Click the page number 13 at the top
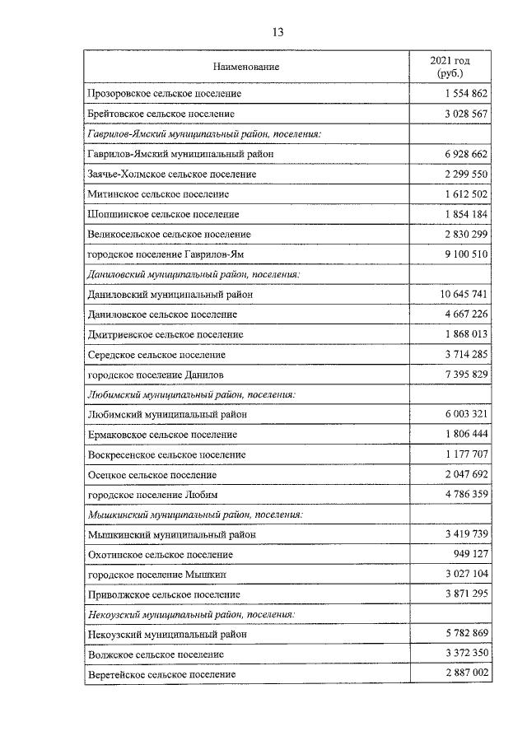[277, 33]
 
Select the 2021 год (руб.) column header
[450, 67]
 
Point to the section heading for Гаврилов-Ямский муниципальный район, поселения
[203, 133]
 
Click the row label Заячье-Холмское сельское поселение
[171, 174]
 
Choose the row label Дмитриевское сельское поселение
[165, 334]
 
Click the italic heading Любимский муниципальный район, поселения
[191, 394]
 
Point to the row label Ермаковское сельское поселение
[161, 435]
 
